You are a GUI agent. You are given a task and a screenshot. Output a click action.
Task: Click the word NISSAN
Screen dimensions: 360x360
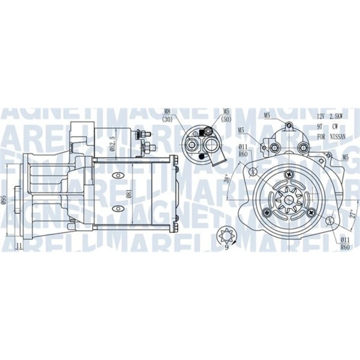click(x=339, y=136)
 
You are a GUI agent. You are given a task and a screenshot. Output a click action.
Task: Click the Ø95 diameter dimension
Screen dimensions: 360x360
click(x=4, y=198)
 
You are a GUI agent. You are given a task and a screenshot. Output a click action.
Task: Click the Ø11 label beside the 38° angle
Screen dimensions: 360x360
click(x=243, y=146)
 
